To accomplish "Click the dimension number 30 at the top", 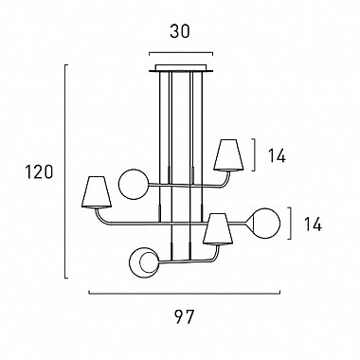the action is click(180, 31).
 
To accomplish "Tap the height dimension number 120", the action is click(39, 172).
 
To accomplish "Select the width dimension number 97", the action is click(185, 316).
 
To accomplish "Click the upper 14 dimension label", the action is click(277, 155).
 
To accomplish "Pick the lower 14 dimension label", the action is click(313, 224).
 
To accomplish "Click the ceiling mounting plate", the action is click(181, 68).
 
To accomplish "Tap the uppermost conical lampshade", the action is click(228, 155).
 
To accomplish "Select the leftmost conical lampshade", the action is click(97, 192).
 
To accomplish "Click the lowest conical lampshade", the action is click(218, 229).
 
